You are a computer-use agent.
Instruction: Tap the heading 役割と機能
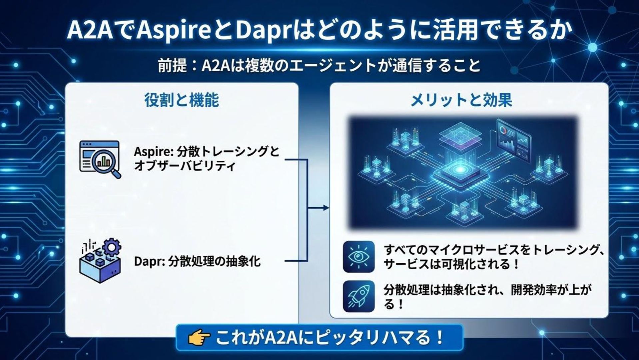point(182,100)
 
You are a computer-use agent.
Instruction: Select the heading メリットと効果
point(461,100)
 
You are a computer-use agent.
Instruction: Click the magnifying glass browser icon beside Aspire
point(100,159)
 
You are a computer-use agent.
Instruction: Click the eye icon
point(359,256)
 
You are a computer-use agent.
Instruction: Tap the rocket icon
point(359,296)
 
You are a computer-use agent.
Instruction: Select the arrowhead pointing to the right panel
point(326,208)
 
